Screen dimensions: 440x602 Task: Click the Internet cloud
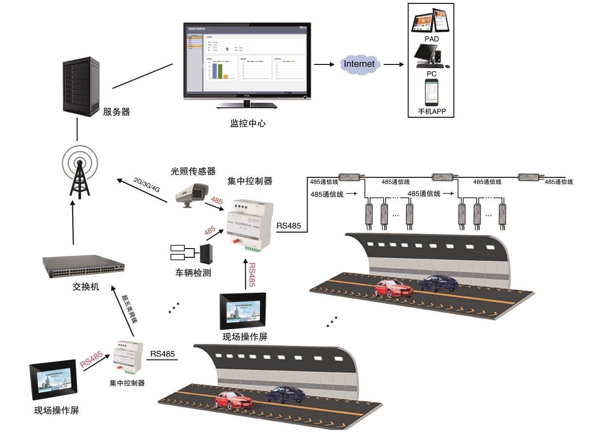click(x=359, y=64)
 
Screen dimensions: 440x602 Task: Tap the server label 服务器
click(x=116, y=112)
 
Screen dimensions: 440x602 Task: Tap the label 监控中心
click(x=248, y=123)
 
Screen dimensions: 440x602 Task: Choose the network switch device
click(x=83, y=267)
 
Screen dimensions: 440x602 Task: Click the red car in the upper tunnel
click(x=393, y=289)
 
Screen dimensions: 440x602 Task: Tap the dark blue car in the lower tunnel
click(x=285, y=394)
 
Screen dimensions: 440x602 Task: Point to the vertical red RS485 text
click(x=252, y=275)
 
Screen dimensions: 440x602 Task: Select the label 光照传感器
click(x=193, y=171)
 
